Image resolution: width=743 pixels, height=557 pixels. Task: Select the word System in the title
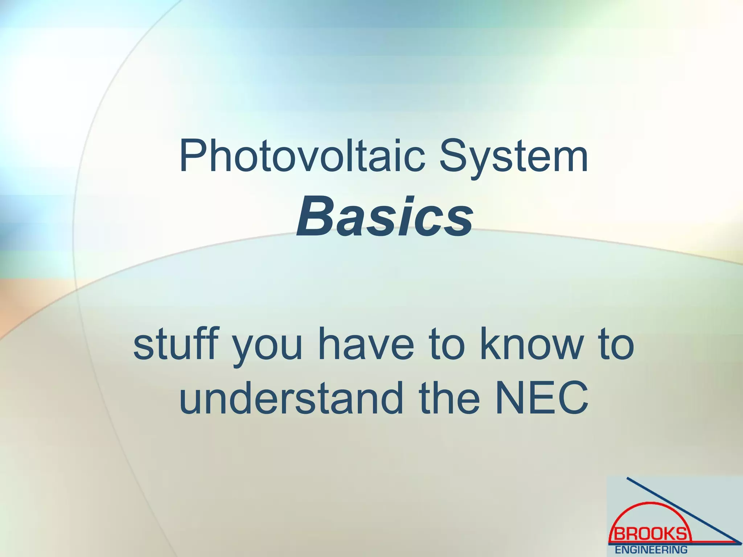point(513,158)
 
